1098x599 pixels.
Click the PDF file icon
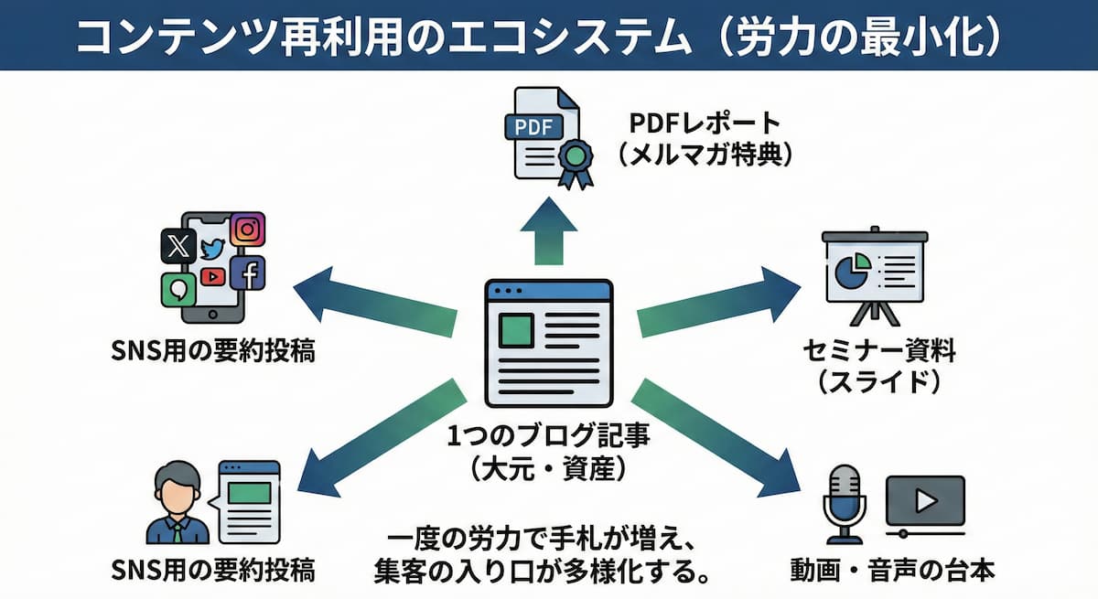tap(540, 137)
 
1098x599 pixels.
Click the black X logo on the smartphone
tap(176, 245)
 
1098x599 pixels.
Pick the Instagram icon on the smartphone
tap(246, 229)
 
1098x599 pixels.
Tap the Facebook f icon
tap(247, 272)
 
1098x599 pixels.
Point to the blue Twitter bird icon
tap(212, 249)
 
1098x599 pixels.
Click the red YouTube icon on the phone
tap(212, 276)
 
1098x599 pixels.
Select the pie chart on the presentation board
tap(852, 271)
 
